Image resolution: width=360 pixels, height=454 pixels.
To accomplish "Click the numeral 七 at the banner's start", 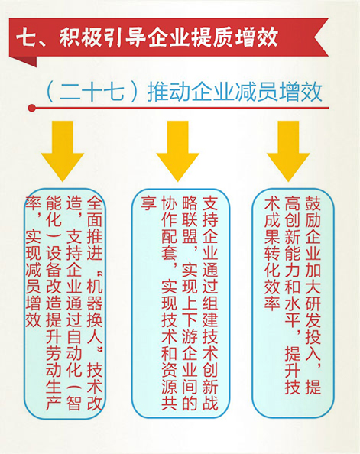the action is [26, 37].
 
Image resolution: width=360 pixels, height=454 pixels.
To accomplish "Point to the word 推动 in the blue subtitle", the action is [168, 92].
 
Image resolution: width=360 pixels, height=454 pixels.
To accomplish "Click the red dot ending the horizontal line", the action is [32, 109].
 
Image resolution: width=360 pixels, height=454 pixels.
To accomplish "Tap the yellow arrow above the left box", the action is [62, 151].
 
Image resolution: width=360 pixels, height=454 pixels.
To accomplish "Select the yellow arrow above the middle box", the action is [177, 151].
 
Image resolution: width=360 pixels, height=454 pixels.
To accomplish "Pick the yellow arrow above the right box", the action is [288, 151].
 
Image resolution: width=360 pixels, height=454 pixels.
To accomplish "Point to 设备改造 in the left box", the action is [54, 277].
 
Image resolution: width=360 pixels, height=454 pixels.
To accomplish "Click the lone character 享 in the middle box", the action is [148, 203].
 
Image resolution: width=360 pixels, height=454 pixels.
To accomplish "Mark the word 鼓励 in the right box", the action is [313, 212].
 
